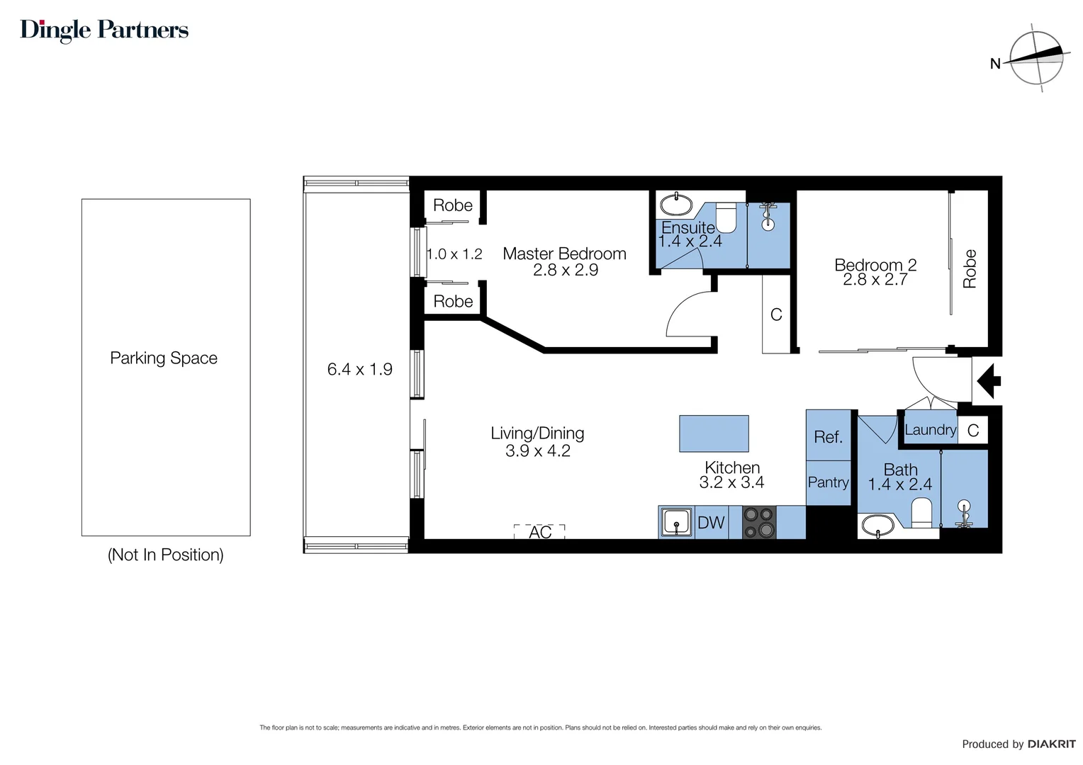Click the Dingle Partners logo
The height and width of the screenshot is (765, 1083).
104,30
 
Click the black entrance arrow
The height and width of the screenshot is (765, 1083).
988,380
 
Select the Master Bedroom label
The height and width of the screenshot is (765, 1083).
564,254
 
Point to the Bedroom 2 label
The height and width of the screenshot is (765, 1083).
875,265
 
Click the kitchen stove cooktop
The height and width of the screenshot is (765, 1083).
759,523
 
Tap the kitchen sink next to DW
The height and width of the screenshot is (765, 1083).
676,523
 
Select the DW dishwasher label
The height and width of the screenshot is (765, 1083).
711,523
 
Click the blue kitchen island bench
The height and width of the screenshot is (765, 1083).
714,433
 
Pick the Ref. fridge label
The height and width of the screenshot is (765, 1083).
828,437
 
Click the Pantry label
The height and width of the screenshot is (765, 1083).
828,482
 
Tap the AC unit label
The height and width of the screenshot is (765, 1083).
540,532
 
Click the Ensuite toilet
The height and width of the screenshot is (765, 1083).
726,217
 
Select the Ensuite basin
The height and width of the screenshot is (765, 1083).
675,205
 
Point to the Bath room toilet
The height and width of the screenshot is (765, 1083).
921,512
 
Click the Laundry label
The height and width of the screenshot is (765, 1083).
930,430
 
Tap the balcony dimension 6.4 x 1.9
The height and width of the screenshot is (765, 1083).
359,369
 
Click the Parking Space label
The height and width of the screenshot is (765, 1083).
164,358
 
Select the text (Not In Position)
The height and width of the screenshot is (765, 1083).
165,555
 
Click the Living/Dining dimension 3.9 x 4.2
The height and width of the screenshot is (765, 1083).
537,451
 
